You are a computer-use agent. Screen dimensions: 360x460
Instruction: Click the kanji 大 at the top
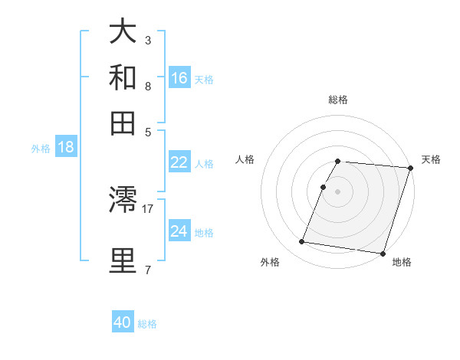pyautogui.click(x=123, y=33)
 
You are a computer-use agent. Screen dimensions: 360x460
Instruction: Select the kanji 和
pyautogui.click(x=123, y=77)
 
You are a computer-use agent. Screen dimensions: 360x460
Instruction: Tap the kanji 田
pyautogui.click(x=123, y=123)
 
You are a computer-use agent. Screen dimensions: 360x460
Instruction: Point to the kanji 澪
pyautogui.click(x=123, y=201)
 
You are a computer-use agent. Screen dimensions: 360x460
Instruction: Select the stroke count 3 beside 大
pyautogui.click(x=147, y=40)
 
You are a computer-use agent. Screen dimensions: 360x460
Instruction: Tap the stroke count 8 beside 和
pyautogui.click(x=147, y=85)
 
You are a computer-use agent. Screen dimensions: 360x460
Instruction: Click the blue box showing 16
pyautogui.click(x=179, y=78)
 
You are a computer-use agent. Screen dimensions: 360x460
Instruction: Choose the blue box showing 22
pyautogui.click(x=179, y=162)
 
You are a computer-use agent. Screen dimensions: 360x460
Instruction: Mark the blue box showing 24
pyautogui.click(x=179, y=231)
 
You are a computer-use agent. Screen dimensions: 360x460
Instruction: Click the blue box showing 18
pyautogui.click(x=66, y=148)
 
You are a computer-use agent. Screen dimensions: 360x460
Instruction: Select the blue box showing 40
pyautogui.click(x=123, y=322)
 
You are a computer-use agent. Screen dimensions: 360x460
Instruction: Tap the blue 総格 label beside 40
pyautogui.click(x=147, y=324)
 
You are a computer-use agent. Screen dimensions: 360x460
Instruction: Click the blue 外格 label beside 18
pyautogui.click(x=41, y=149)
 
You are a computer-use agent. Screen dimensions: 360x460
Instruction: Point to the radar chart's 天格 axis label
pyautogui.click(x=431, y=159)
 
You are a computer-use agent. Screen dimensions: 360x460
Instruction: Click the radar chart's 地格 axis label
pyautogui.click(x=402, y=262)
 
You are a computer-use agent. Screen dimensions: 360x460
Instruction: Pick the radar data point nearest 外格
pyautogui.click(x=302, y=242)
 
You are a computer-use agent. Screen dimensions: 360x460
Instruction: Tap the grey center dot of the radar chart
pyautogui.click(x=337, y=191)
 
